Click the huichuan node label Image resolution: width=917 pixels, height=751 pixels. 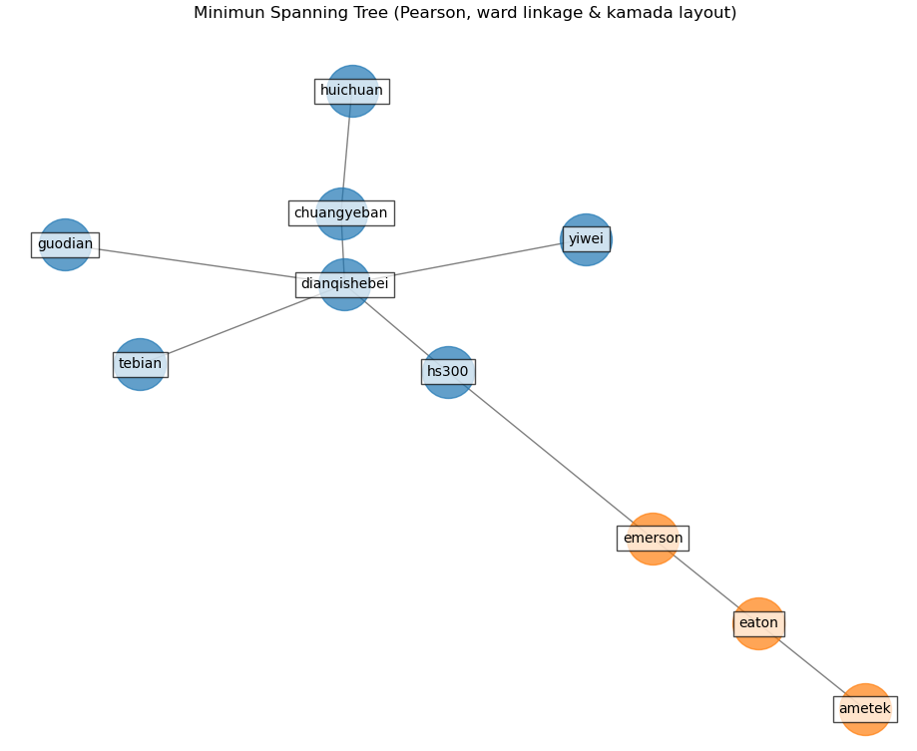click(x=351, y=91)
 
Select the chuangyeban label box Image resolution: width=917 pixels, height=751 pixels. click(x=340, y=213)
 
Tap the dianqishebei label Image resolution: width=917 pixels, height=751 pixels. click(x=344, y=284)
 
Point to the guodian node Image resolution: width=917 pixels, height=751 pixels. click(x=65, y=244)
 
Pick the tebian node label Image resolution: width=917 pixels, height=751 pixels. click(x=140, y=364)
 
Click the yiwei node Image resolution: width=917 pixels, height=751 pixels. click(x=586, y=239)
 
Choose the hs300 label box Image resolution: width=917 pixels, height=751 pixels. click(x=447, y=372)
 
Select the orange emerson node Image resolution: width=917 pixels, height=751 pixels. click(x=653, y=539)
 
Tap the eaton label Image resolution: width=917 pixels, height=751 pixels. click(x=758, y=623)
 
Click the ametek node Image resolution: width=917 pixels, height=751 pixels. click(x=865, y=709)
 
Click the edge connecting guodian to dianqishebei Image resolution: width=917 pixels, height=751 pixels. click(x=200, y=263)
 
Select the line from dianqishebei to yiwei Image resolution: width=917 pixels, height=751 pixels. click(x=469, y=261)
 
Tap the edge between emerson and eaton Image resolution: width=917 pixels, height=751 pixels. click(x=706, y=581)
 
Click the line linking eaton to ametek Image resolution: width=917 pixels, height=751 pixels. click(x=810, y=665)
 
